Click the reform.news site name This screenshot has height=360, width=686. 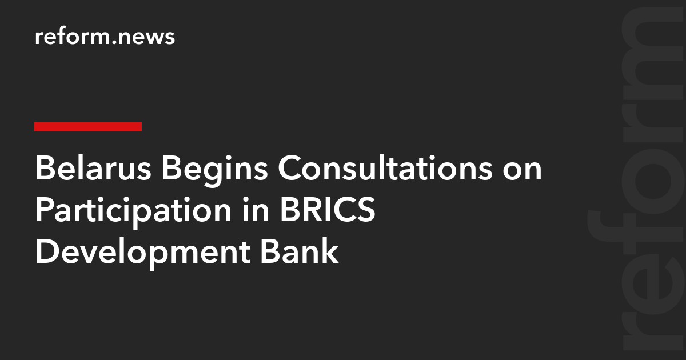click(x=105, y=37)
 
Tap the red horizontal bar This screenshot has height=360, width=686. click(x=88, y=127)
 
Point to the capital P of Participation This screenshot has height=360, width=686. click(x=44, y=211)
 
